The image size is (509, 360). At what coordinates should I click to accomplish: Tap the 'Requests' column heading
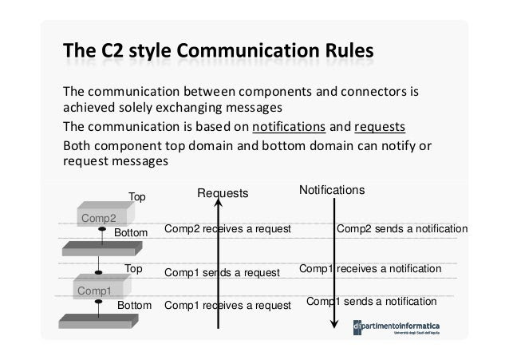(x=223, y=193)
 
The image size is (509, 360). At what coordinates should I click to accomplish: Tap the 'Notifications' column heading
(x=332, y=191)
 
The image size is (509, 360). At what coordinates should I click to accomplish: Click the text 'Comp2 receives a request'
(x=227, y=230)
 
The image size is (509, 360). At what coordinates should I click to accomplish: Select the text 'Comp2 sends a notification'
(x=403, y=229)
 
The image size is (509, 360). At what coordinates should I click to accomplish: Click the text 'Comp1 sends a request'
(x=222, y=272)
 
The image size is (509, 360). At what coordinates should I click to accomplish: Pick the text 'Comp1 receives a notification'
(x=369, y=270)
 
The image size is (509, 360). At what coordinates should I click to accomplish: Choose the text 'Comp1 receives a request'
(x=227, y=305)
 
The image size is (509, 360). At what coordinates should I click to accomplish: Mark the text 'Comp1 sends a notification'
(x=371, y=302)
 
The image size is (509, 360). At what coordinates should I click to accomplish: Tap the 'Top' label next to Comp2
(x=137, y=196)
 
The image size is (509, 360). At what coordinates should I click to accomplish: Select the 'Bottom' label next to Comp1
(x=134, y=306)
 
